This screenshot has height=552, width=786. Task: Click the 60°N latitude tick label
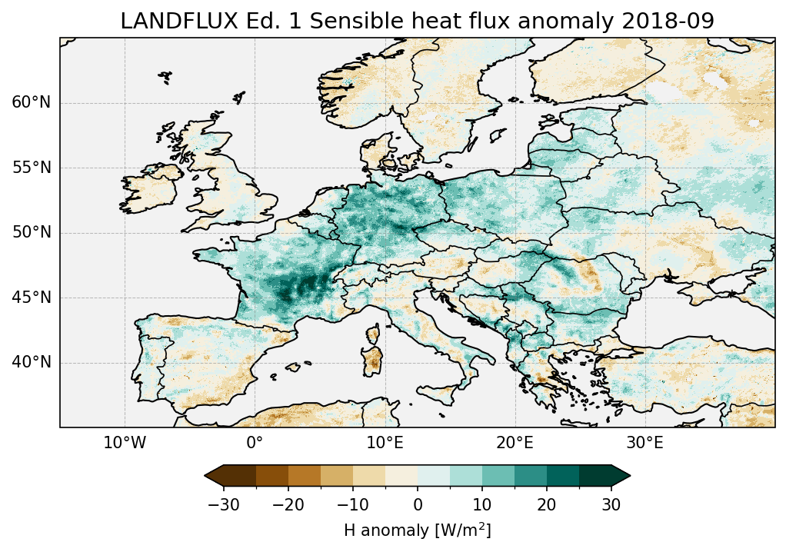click(x=31, y=103)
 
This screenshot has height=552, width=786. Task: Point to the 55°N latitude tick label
click(x=31, y=168)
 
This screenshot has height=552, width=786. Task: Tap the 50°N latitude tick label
click(x=31, y=233)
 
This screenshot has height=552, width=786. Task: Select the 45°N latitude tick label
click(x=31, y=298)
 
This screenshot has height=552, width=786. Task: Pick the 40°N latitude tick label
click(x=31, y=362)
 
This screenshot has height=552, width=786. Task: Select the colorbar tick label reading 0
click(x=418, y=504)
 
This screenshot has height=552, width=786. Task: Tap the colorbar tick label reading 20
click(x=547, y=504)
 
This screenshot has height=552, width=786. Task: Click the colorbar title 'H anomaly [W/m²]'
click(x=418, y=530)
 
